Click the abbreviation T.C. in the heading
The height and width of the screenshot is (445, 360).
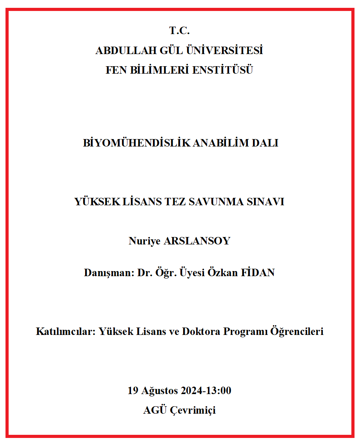click(x=179, y=31)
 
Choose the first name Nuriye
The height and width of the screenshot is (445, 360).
click(x=144, y=241)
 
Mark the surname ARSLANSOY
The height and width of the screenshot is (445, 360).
click(x=197, y=241)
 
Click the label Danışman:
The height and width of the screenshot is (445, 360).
click(x=109, y=273)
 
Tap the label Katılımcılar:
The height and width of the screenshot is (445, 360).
click(x=65, y=332)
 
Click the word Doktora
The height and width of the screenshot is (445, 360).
click(x=201, y=332)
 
